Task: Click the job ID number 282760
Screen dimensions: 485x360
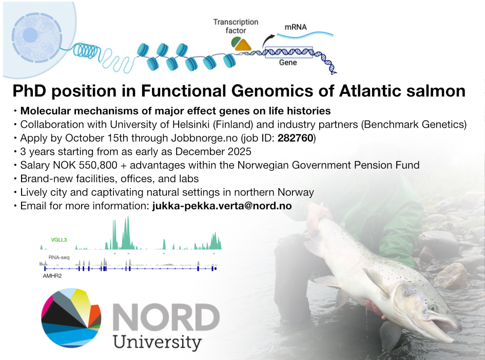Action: tap(296, 138)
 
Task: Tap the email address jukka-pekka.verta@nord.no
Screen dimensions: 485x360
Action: tap(222, 206)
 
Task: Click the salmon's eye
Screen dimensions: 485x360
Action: tap(433, 308)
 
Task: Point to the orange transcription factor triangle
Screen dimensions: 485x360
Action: tap(243, 45)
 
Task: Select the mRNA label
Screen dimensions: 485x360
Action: tap(296, 27)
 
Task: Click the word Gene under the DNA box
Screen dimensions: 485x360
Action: tap(288, 63)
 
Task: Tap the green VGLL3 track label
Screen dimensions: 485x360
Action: tap(59, 240)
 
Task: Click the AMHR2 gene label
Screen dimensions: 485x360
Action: tap(52, 276)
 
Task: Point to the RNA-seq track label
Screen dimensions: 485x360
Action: tap(59, 257)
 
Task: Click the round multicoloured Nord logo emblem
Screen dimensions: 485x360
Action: tap(71, 318)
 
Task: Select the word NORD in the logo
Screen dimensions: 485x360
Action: tap(166, 317)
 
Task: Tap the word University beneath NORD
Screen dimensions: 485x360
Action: tap(157, 343)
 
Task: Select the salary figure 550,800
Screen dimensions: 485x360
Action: tap(98, 165)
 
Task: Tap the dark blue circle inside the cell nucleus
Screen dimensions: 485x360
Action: tap(30, 35)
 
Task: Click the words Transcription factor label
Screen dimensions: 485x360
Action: tap(236, 26)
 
